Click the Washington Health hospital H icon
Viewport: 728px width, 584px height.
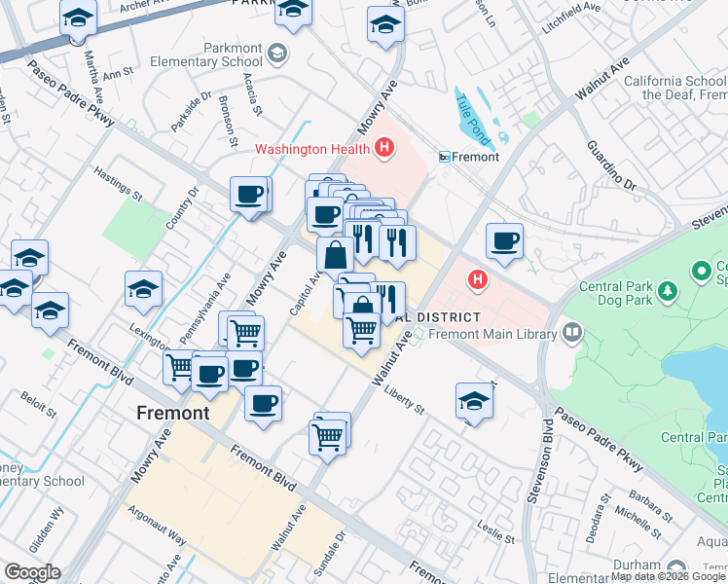pyautogui.click(x=385, y=149)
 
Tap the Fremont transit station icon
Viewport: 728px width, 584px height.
pyautogui.click(x=445, y=157)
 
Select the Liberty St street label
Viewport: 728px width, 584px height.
pyautogui.click(x=406, y=400)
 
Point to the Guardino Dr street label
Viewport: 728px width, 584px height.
pyautogui.click(x=610, y=165)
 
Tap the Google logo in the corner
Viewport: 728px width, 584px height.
pyautogui.click(x=32, y=572)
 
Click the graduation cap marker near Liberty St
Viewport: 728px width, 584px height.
pyautogui.click(x=474, y=400)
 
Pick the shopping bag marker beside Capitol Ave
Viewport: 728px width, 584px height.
pyautogui.click(x=335, y=256)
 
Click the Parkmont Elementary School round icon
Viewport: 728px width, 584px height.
pyautogui.click(x=279, y=52)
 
